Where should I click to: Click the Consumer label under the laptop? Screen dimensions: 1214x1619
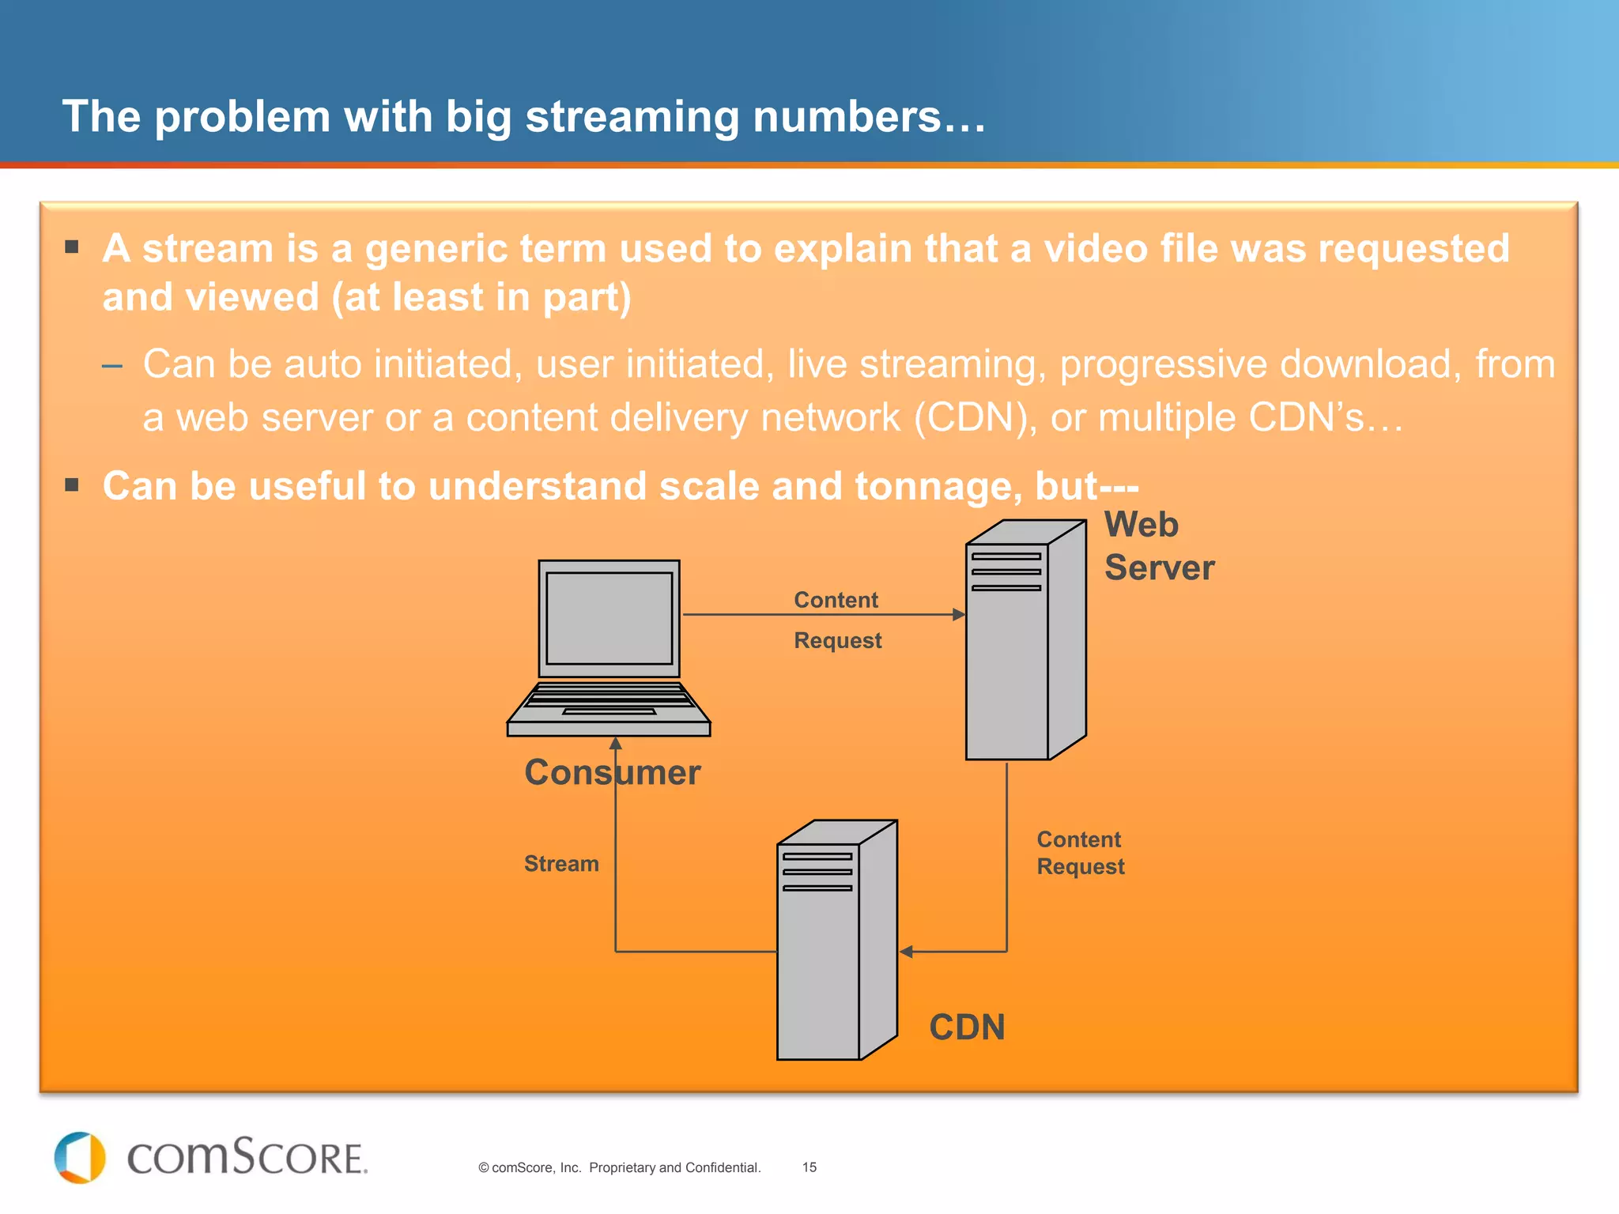[612, 772]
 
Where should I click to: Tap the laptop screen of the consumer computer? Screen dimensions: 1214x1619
[609, 618]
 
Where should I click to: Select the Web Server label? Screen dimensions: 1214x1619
[1158, 546]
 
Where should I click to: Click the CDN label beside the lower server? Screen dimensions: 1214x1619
[967, 1027]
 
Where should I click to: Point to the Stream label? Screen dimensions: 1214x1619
[561, 864]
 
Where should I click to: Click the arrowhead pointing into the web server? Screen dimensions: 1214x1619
[958, 614]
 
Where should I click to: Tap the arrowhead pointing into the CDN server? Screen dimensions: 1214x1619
[907, 952]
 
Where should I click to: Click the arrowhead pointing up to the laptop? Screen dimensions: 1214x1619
[616, 743]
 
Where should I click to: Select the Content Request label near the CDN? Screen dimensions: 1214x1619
[1080, 853]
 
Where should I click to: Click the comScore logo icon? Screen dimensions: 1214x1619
[80, 1158]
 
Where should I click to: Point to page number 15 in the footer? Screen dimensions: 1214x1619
[809, 1167]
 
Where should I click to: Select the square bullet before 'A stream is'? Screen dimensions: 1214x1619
[72, 247]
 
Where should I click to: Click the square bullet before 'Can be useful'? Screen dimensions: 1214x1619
[72, 484]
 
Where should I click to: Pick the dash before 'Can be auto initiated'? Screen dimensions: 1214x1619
[112, 365]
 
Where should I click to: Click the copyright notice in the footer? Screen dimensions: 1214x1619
[619, 1167]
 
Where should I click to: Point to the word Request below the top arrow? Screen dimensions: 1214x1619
[837, 640]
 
